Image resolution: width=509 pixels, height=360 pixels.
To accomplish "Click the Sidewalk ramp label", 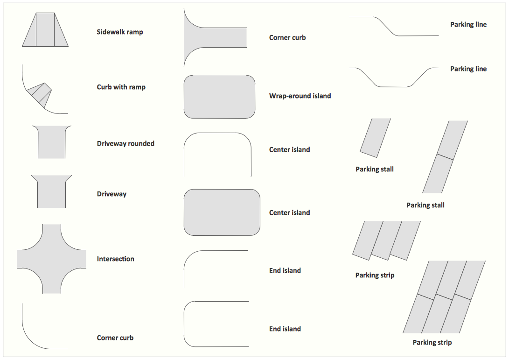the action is pos(120,32).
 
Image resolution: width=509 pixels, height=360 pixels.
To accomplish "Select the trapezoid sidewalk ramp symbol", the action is pos(45,29).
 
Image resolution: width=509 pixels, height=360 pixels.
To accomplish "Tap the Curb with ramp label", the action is pos(121,87).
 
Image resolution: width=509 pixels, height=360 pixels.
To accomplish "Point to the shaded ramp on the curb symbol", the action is pos(39,95).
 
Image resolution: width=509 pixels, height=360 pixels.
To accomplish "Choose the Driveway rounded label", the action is pos(126,144).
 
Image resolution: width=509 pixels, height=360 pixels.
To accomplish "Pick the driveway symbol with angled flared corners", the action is pos(52,192).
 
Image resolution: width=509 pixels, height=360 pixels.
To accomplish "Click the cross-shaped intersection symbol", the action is pos(52,259).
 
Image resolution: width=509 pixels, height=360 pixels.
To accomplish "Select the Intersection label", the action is pos(116,259).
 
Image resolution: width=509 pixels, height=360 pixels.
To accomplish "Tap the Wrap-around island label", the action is pos(300,96).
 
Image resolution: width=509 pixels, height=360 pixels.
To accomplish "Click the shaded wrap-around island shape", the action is pos(219,97).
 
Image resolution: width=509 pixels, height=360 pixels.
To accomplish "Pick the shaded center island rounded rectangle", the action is pos(222,212).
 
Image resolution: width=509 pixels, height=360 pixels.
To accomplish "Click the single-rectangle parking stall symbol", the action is pos(375,138).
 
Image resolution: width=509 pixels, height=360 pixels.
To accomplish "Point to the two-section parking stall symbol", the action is pos(445,157).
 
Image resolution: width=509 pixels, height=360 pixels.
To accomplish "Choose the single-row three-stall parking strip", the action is pos(386,241).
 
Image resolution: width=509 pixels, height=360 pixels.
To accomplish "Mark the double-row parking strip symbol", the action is pos(444,297).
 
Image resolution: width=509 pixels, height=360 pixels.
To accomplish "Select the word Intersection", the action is pos(116,259).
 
